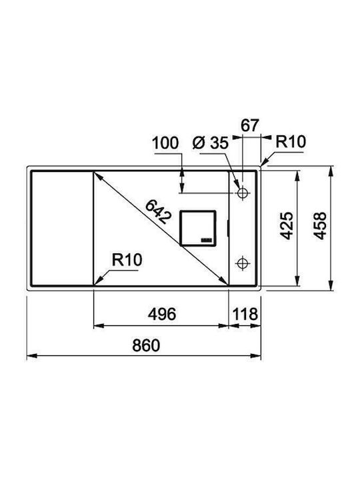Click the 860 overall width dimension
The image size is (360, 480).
pos(146,345)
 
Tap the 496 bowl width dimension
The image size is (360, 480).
pos(162,314)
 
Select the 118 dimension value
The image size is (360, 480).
pos(245,314)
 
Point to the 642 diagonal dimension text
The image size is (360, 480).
pos(158,211)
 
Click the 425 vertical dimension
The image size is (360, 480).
pos(287,225)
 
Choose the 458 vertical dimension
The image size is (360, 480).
pos(320,225)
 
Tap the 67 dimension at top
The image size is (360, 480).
pos(250,125)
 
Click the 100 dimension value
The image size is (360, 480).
pos(165,143)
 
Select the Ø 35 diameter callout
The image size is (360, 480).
pos(211,143)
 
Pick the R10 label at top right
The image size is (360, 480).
pos(291,142)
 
